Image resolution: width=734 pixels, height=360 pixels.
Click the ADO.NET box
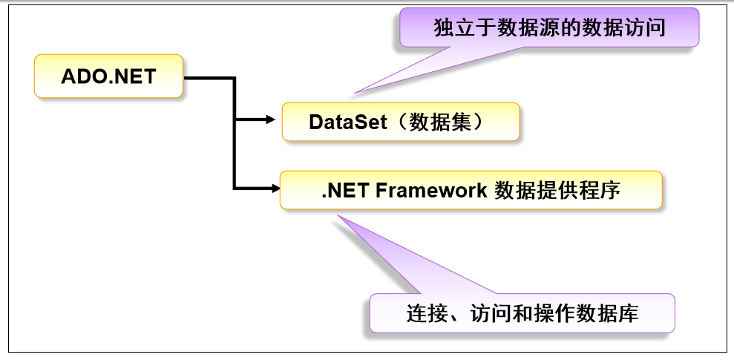(108, 76)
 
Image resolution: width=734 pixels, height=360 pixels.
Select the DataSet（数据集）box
(400, 121)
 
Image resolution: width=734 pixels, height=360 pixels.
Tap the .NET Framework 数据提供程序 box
(471, 190)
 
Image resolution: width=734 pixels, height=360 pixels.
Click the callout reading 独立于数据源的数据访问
(548, 28)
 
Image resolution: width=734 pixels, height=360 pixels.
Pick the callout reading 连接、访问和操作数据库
(522, 313)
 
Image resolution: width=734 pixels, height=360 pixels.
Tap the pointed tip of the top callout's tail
(355, 93)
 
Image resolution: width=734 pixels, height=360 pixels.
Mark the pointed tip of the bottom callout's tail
(338, 217)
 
